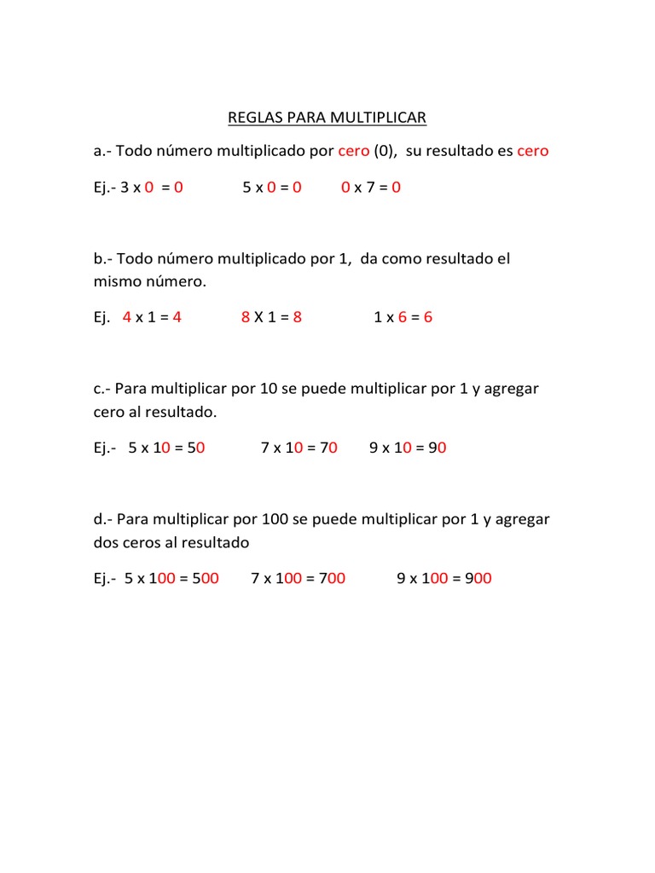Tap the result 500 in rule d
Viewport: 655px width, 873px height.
pos(205,578)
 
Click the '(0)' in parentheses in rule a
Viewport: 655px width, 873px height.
pos(385,152)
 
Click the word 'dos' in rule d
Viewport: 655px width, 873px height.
pos(107,542)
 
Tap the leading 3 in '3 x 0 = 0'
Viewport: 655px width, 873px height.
pos(125,188)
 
